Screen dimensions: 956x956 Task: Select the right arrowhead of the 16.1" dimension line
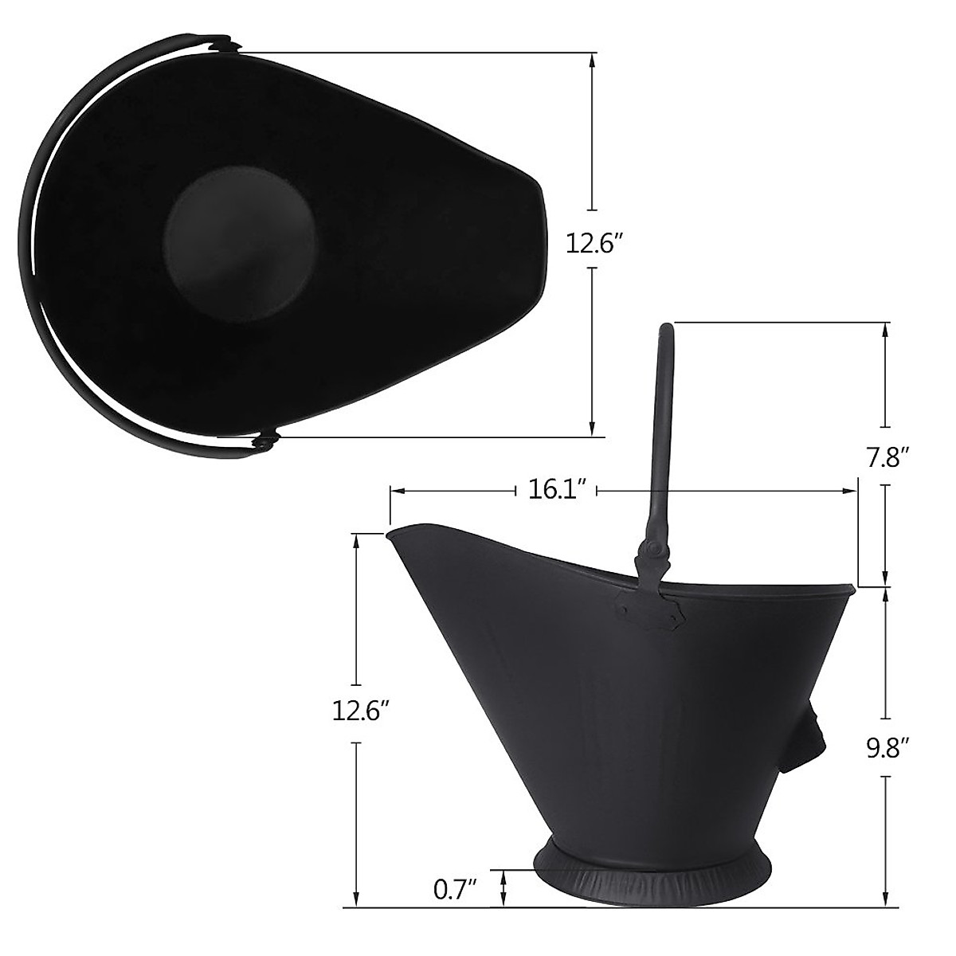pyautogui.click(x=851, y=490)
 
